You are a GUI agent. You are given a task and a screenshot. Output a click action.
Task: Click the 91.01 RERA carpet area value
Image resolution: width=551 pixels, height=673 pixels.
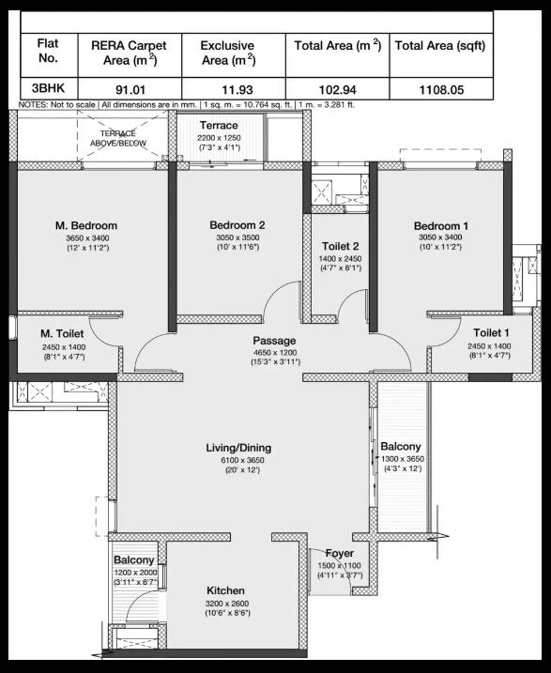[130, 90]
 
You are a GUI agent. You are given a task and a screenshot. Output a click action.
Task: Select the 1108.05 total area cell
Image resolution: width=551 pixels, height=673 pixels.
[441, 90]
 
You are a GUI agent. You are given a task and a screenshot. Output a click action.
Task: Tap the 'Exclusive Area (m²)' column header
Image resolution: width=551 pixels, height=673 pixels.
[228, 53]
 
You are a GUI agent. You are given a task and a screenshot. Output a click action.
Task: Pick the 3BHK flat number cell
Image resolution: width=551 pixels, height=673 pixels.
[48, 88]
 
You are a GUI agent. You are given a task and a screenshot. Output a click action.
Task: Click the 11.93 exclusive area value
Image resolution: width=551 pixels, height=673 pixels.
[237, 90]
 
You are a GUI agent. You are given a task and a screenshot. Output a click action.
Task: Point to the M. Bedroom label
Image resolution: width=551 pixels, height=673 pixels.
[86, 225]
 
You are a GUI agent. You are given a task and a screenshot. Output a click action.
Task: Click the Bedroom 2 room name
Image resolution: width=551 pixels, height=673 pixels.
[237, 225]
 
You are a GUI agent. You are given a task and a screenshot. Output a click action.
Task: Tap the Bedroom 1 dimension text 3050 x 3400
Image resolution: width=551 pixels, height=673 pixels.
[440, 237]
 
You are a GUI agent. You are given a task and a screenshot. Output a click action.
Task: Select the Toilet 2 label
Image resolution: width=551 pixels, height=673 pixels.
[341, 246]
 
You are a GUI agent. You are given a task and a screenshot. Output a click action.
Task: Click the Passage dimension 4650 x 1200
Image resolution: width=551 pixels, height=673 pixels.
[275, 352]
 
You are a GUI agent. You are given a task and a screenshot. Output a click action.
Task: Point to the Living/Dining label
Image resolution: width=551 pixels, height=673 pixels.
[238, 448]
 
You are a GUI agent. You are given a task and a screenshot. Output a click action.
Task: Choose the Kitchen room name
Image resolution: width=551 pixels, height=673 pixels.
[225, 590]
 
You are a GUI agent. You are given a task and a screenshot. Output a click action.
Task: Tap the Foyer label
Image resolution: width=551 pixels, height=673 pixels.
[340, 553]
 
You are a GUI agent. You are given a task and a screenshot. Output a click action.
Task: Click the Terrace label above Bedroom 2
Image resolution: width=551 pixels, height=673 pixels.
[219, 126]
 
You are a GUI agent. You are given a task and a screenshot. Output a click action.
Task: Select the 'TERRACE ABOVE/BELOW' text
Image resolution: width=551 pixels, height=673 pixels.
[118, 138]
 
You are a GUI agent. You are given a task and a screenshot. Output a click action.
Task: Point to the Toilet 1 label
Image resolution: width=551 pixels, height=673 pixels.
[491, 332]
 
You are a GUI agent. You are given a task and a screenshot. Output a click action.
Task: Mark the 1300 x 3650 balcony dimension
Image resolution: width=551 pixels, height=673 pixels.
[403, 459]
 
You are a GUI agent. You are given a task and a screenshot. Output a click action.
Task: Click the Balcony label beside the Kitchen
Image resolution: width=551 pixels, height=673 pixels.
[134, 560]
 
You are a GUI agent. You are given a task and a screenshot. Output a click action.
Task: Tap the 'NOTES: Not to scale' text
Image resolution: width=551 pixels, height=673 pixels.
[56, 105]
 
